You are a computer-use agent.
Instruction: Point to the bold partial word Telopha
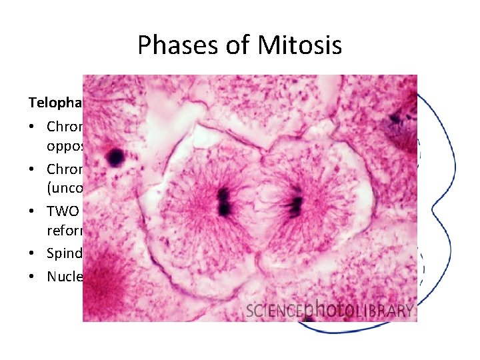[55, 103]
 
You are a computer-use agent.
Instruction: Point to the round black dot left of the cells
[115, 157]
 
